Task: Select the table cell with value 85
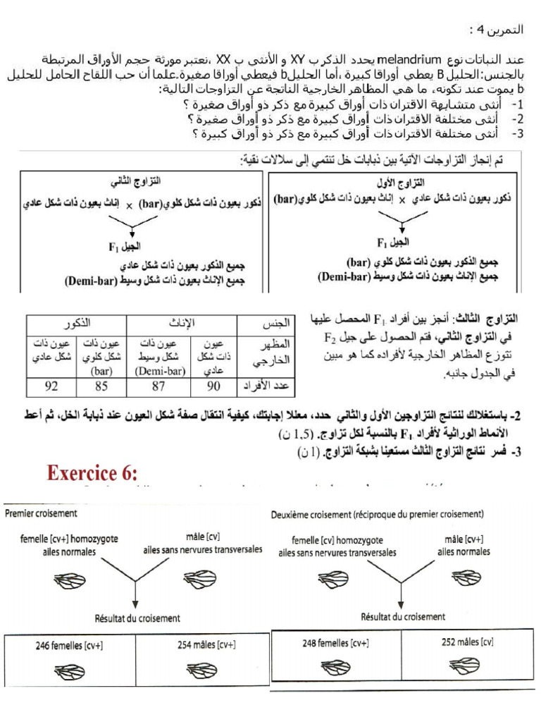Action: pyautogui.click(x=101, y=386)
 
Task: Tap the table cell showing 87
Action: pyautogui.click(x=158, y=386)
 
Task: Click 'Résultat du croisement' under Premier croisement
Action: pyautogui.click(x=137, y=618)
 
